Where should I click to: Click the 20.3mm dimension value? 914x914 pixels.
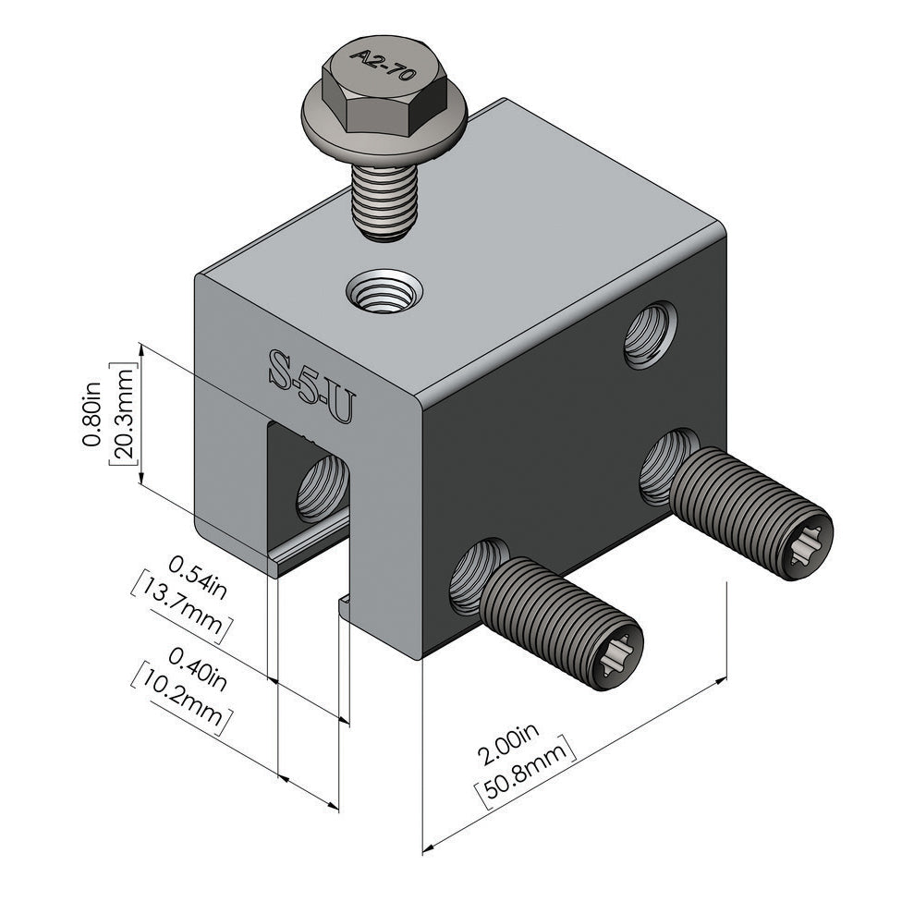coord(122,415)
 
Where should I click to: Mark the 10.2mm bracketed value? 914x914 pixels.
coord(181,699)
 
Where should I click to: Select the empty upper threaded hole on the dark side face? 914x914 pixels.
coord(650,335)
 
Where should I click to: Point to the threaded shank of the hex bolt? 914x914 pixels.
coord(384,199)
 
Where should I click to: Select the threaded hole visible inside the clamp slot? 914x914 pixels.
coord(321,488)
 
